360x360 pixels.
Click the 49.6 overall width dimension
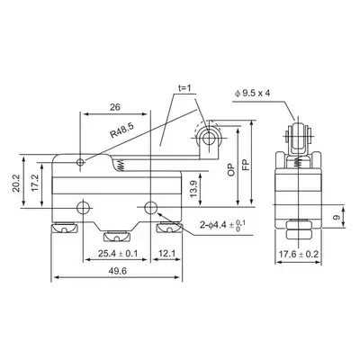click(x=118, y=271)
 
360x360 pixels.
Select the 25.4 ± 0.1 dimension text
click(x=118, y=254)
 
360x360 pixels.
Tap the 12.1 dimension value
click(x=166, y=254)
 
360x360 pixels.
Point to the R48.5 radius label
click(x=121, y=130)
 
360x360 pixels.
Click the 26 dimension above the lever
click(x=115, y=107)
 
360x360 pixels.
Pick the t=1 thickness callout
click(x=184, y=88)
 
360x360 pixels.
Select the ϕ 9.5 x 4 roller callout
click(x=252, y=94)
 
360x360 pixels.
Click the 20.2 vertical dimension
click(x=16, y=184)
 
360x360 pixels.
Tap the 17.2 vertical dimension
click(x=35, y=184)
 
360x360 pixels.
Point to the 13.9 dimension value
click(x=194, y=189)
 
